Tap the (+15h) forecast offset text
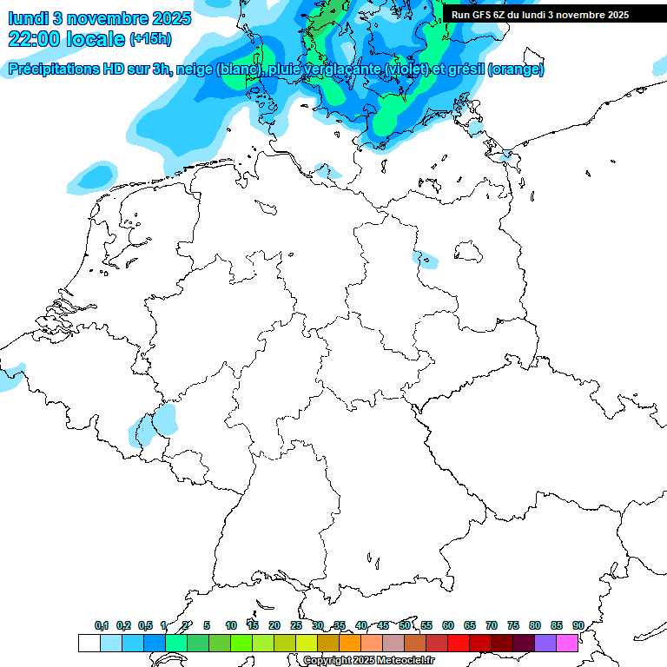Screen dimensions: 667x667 [x=150, y=39]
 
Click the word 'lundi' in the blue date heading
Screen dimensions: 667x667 [x=28, y=17]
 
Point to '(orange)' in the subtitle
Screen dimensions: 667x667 [x=517, y=69]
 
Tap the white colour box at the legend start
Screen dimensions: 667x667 [x=89, y=643]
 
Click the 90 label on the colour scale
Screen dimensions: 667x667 [x=578, y=625]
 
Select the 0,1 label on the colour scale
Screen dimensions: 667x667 [x=102, y=625]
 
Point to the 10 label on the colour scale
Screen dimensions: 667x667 [x=231, y=625]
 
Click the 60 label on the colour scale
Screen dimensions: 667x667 [x=448, y=625]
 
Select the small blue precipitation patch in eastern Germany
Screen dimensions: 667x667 [x=426, y=259]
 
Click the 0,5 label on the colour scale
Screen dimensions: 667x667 [x=145, y=625]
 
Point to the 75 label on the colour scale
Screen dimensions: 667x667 [x=513, y=625]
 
